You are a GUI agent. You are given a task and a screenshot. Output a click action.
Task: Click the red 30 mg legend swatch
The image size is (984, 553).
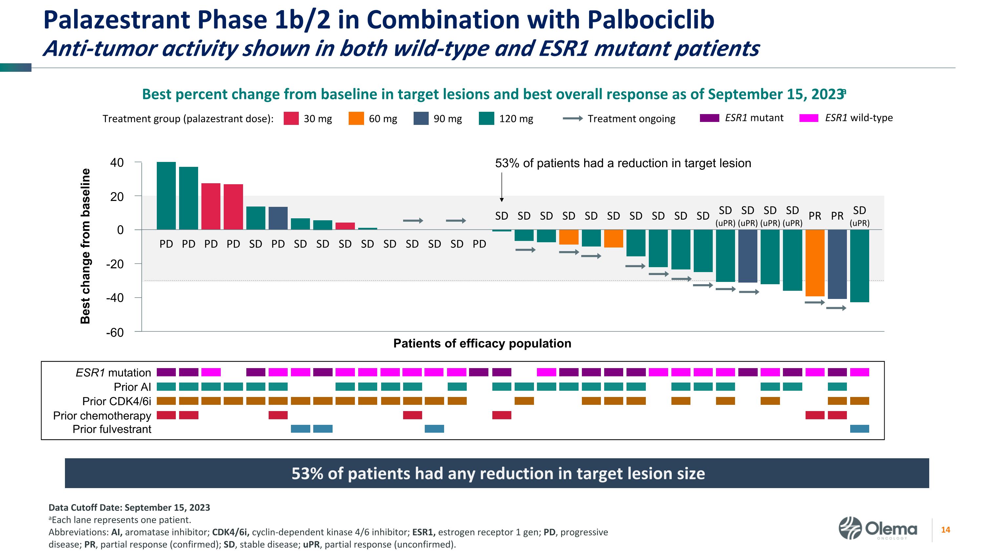(291, 118)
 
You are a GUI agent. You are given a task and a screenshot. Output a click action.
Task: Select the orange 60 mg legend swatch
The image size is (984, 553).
(356, 118)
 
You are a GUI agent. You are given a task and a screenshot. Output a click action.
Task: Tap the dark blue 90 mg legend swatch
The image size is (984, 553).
(421, 118)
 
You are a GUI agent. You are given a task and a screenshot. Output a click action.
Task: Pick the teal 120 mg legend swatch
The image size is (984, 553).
(486, 118)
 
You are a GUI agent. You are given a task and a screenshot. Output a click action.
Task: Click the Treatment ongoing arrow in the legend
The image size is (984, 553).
(573, 119)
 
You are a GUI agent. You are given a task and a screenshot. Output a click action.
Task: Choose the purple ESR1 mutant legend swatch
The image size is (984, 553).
(709, 118)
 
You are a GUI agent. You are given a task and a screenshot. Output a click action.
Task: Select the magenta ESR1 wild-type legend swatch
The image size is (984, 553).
(809, 118)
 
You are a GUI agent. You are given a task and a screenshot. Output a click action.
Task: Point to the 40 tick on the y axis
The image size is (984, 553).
(117, 163)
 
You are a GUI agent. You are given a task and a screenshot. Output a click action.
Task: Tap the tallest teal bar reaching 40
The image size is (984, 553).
(166, 195)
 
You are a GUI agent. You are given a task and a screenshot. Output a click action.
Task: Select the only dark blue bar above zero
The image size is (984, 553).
(278, 218)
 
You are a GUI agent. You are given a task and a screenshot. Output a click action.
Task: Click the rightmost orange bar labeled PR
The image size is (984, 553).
(815, 263)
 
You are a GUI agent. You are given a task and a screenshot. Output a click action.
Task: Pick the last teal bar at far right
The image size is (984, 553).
(859, 266)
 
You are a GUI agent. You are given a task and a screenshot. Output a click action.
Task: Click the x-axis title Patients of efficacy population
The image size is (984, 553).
(482, 344)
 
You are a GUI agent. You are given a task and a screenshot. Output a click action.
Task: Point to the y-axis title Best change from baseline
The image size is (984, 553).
(86, 246)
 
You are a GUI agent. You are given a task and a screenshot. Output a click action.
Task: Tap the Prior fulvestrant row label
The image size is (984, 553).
(112, 429)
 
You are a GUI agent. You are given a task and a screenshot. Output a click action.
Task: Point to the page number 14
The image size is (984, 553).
(945, 530)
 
